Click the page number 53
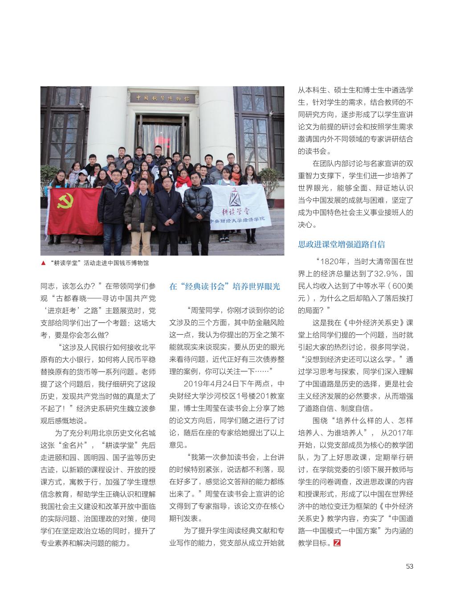click(410, 566)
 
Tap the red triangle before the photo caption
click(43, 263)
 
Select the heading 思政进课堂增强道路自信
click(341, 244)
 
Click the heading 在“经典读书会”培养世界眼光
click(225, 286)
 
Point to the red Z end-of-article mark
click(337, 542)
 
